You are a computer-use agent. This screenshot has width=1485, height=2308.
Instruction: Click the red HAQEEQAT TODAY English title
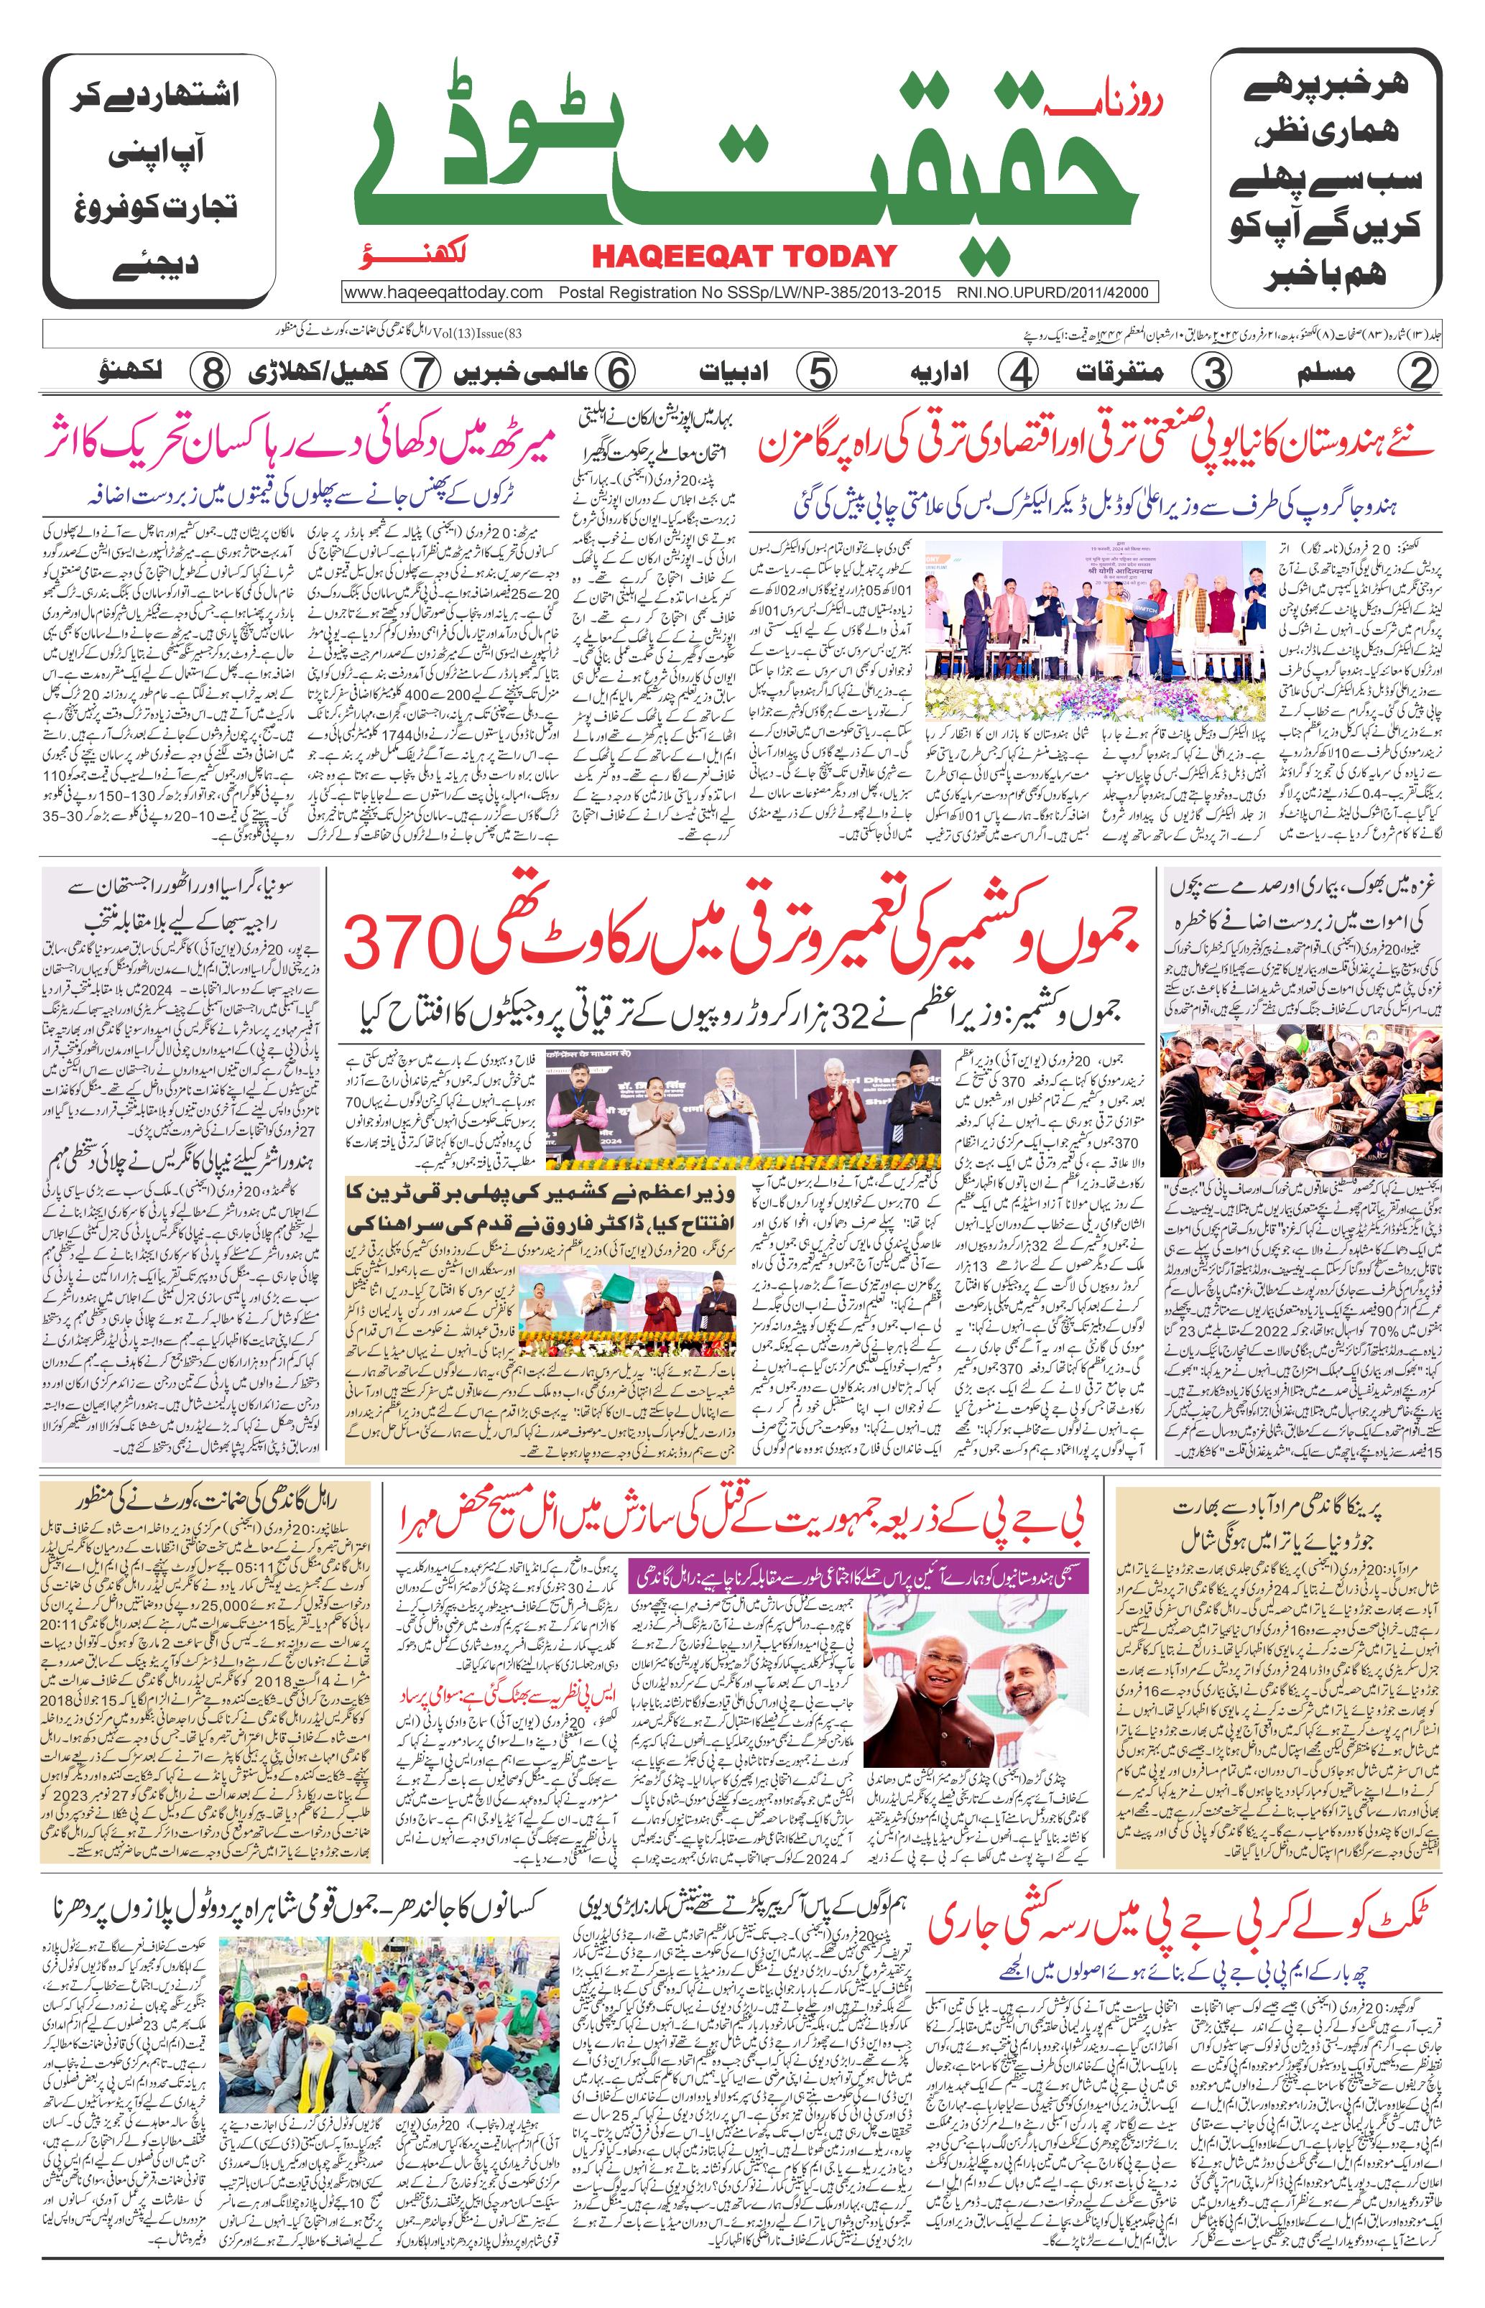744,256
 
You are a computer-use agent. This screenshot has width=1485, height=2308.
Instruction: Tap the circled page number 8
211,372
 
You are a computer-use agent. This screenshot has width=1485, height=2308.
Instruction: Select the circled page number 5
818,372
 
